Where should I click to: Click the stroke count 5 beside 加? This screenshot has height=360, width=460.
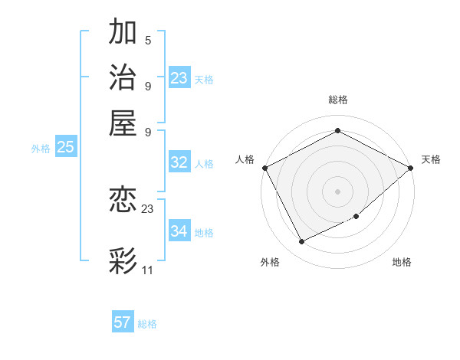[x=147, y=40]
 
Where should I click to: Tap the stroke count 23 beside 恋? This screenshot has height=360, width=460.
[x=148, y=208]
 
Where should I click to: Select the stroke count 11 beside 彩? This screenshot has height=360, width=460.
[x=148, y=270]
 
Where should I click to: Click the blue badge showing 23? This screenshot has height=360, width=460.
[x=179, y=78]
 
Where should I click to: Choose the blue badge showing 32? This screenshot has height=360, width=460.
[x=179, y=162]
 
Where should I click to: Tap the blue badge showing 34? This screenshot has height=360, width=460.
[x=179, y=231]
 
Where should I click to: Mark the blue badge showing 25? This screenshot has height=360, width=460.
[x=65, y=148]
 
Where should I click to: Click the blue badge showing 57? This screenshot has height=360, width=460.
[x=123, y=322]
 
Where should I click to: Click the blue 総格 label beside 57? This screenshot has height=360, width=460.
[x=147, y=324]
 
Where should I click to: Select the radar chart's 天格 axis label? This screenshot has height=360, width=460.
[x=431, y=159]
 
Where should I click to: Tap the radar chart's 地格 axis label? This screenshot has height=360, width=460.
[x=402, y=262]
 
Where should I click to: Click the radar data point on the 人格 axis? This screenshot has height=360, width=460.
[x=264, y=167]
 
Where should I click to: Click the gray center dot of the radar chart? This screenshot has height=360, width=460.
[x=337, y=191]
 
